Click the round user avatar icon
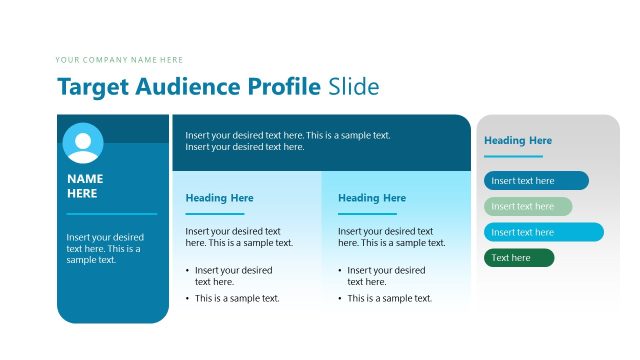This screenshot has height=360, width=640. pyautogui.click(x=83, y=143)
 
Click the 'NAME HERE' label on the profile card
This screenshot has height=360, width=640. pyautogui.click(x=85, y=186)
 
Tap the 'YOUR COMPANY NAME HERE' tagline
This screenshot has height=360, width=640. pyautogui.click(x=119, y=60)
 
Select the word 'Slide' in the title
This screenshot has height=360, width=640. pyautogui.click(x=354, y=87)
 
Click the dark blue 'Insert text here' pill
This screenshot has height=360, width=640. pyautogui.click(x=536, y=181)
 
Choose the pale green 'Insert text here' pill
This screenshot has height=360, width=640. pyautogui.click(x=528, y=207)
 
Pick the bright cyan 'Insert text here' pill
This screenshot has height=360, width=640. pyautogui.click(x=544, y=232)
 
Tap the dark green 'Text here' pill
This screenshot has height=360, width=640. pyautogui.click(x=519, y=258)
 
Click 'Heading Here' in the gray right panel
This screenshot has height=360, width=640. pyautogui.click(x=518, y=141)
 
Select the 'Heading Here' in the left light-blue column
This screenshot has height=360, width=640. pyautogui.click(x=219, y=198)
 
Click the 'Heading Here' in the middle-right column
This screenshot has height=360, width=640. pyautogui.click(x=372, y=198)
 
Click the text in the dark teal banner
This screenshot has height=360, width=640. pyautogui.click(x=288, y=141)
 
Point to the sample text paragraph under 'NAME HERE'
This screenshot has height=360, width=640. pyautogui.click(x=104, y=248)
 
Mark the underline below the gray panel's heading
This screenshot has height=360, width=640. pyautogui.click(x=513, y=156)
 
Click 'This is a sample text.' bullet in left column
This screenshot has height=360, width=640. pyautogui.click(x=237, y=298)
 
